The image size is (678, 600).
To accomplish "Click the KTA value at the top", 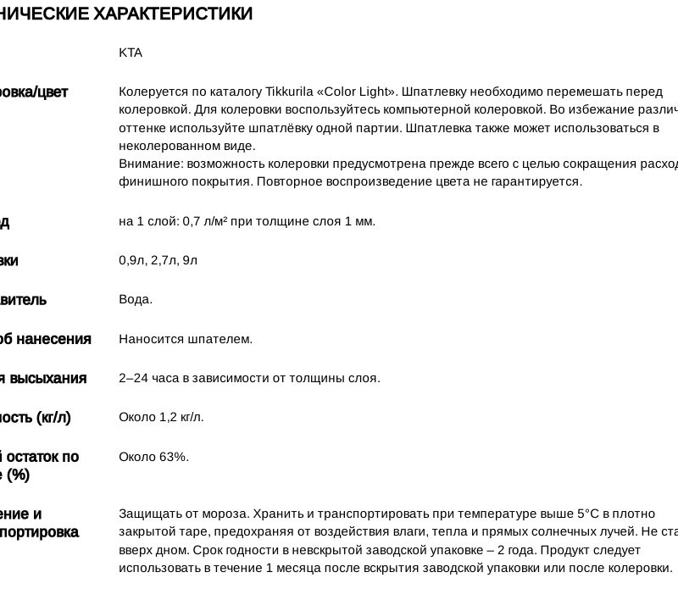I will coord(131,53).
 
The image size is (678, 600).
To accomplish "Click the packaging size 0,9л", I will coord(132,260).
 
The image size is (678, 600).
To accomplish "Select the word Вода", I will coord(136,299).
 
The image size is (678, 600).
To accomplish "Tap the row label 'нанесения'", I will coord(52,339).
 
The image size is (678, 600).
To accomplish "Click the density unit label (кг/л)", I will coord(53,417).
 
